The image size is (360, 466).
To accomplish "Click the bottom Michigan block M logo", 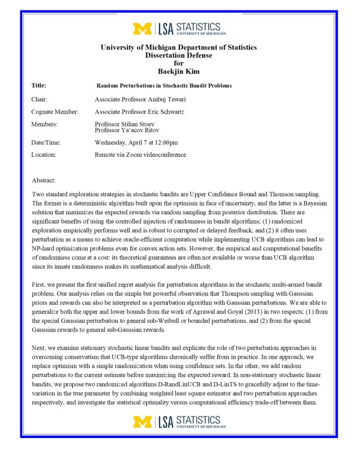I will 142,421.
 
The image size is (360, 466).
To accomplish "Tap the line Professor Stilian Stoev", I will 128,124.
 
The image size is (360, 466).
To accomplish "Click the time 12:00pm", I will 166,143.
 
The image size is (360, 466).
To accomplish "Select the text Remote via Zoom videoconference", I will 140,155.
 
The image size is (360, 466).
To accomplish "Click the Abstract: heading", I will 44,181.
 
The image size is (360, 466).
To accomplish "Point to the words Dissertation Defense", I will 179,55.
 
